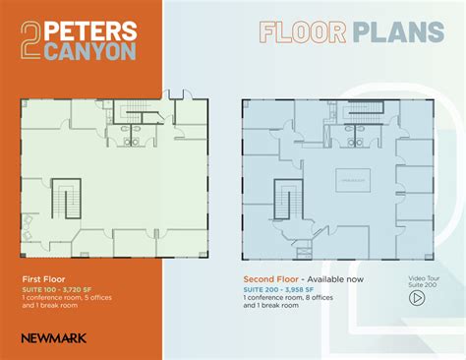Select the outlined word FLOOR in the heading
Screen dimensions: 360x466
tap(302, 32)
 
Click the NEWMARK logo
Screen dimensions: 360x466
tap(53, 338)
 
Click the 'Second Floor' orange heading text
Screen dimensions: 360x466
tap(271, 279)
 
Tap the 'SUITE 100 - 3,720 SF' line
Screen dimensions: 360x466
tap(59, 289)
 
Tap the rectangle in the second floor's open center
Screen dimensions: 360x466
tap(351, 181)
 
